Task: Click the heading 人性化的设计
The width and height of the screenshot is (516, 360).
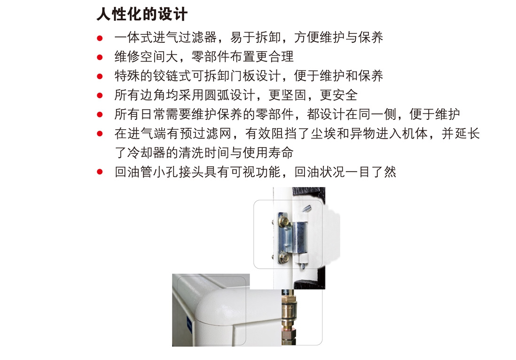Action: click(142, 15)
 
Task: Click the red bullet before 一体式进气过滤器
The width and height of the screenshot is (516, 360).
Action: click(100, 38)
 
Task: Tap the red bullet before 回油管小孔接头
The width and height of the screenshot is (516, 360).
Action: click(100, 172)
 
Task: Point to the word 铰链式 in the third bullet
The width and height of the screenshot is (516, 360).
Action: click(172, 76)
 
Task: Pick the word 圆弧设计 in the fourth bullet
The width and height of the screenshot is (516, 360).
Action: click(230, 95)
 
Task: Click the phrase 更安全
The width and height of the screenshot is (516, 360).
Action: click(339, 95)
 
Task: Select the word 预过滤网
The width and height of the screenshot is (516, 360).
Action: click(205, 133)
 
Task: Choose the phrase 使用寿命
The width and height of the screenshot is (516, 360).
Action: click(268, 152)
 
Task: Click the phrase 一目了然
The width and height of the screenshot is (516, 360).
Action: click(371, 172)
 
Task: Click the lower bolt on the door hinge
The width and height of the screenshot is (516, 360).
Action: click(283, 257)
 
